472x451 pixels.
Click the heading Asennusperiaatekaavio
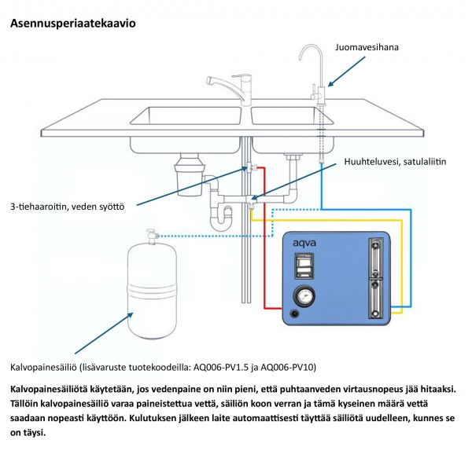[73, 24]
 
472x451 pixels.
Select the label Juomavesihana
[367, 47]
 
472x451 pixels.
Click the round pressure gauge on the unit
[303, 296]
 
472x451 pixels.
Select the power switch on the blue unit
[304, 269]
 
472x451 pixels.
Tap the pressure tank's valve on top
[151, 233]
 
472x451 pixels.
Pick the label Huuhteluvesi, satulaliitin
[395, 163]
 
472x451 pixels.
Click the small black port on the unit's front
[294, 314]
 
